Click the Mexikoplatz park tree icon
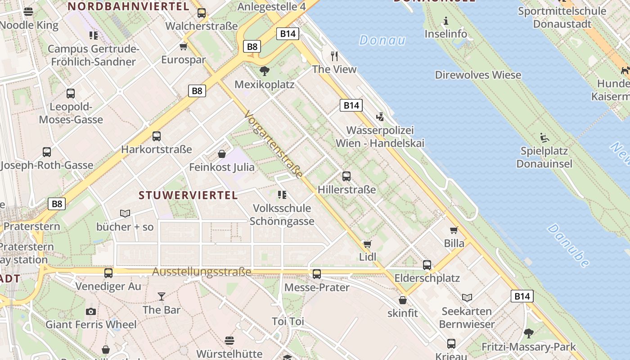[265, 71]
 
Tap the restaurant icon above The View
[334, 56]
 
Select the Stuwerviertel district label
[188, 195]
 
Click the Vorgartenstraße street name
[273, 144]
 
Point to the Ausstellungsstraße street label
[202, 272]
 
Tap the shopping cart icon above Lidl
[368, 244]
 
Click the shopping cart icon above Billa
[454, 230]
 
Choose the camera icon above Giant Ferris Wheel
[91, 311]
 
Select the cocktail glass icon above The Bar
[162, 296]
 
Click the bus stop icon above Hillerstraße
[346, 176]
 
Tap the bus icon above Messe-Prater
[317, 274]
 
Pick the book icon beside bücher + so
[125, 213]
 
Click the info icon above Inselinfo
[445, 21]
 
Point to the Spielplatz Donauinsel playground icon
[544, 137]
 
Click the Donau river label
[382, 40]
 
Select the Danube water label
[568, 246]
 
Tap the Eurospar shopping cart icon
[183, 46]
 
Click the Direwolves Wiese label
[478, 75]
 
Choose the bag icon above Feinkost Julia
[222, 154]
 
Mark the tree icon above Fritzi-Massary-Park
[529, 333]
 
